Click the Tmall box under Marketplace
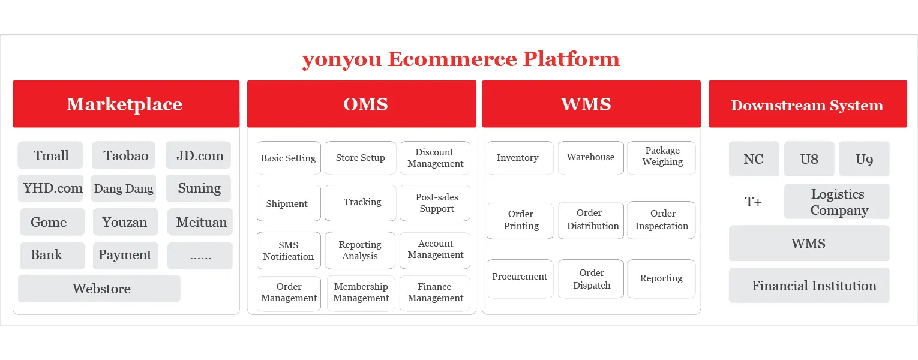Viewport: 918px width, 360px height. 50,155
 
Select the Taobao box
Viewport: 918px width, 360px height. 124,155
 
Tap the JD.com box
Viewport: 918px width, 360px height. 199,155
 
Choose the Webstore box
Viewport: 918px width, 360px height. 99,289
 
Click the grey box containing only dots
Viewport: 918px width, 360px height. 200,256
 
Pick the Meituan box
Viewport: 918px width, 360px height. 200,222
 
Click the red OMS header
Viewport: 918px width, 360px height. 361,104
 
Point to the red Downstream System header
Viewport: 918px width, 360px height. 808,104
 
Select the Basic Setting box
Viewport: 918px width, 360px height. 289,158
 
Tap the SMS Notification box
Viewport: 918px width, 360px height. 289,251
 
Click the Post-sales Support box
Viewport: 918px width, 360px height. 435,203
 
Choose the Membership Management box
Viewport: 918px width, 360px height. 361,293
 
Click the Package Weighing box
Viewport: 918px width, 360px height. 661,158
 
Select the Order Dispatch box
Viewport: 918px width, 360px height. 591,279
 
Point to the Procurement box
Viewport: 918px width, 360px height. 520,279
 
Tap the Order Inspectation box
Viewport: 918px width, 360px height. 661,220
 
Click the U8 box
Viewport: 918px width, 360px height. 809,158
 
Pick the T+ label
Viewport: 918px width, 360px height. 753,202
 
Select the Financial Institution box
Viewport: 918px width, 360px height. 809,286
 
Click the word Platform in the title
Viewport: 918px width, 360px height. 571,59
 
